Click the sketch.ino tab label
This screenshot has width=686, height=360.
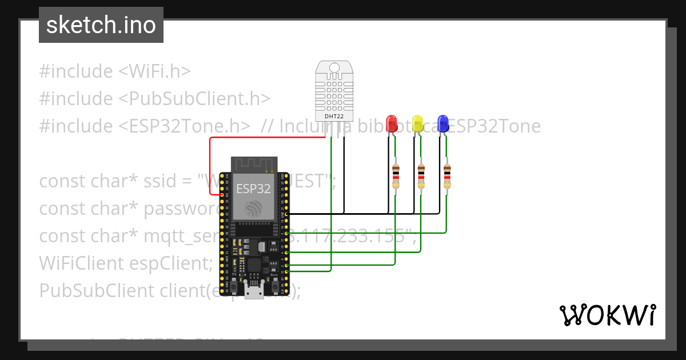(101, 25)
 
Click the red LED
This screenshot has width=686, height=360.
(392, 123)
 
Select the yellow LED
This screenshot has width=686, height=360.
(417, 123)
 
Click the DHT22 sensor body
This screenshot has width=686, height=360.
(334, 89)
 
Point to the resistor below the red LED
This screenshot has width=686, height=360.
(396, 176)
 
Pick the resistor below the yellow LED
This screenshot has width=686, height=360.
(421, 176)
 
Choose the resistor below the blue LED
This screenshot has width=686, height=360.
(447, 176)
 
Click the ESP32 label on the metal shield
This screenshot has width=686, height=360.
(253, 189)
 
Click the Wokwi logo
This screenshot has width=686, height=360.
(607, 315)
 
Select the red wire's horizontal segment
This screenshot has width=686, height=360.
(269, 138)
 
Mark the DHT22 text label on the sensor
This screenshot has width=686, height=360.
(334, 117)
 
